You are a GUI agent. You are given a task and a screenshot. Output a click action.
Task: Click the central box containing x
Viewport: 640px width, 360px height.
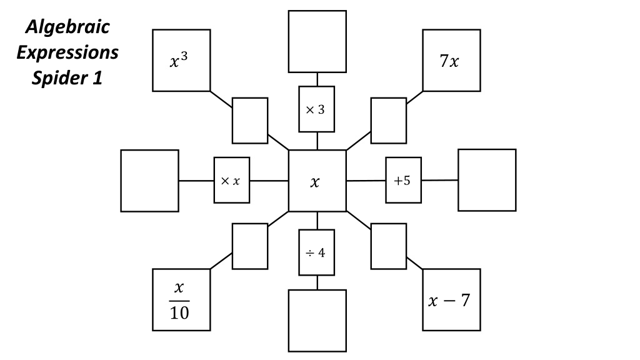[317, 181]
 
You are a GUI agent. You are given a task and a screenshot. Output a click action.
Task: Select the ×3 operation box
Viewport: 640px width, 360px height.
[317, 109]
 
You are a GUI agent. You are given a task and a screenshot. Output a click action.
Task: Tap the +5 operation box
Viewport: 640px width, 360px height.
[404, 180]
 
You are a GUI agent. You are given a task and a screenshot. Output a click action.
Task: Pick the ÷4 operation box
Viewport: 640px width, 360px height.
[317, 252]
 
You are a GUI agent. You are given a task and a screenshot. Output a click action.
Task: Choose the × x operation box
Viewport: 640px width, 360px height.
[232, 180]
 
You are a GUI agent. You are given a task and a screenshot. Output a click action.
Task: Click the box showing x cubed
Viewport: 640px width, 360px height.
[182, 61]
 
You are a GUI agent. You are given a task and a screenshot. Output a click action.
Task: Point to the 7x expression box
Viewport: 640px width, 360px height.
[451, 61]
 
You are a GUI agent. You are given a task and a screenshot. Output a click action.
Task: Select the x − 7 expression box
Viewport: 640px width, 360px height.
[451, 299]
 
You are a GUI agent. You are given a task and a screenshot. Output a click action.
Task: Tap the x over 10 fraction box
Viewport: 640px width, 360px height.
[182, 299]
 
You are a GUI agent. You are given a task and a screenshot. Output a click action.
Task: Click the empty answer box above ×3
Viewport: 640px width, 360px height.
[317, 42]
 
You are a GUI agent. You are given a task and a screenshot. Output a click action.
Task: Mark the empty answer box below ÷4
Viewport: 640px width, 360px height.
[317, 321]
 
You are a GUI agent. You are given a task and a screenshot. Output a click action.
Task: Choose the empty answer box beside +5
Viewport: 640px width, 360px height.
[487, 180]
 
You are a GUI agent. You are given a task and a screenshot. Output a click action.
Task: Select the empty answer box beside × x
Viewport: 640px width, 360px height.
[150, 181]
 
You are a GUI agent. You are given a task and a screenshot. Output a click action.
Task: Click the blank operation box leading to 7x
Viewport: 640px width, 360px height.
[389, 121]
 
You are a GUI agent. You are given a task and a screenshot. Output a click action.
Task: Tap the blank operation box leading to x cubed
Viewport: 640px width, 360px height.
[250, 121]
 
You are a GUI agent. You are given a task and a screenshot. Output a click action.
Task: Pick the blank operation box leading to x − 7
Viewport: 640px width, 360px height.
[389, 246]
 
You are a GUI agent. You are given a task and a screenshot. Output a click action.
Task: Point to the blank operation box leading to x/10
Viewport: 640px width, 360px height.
[250, 246]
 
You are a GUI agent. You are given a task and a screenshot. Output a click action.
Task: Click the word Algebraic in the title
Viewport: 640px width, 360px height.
[67, 27]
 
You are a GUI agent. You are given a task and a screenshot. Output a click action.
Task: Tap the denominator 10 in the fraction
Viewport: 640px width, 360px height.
[179, 313]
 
